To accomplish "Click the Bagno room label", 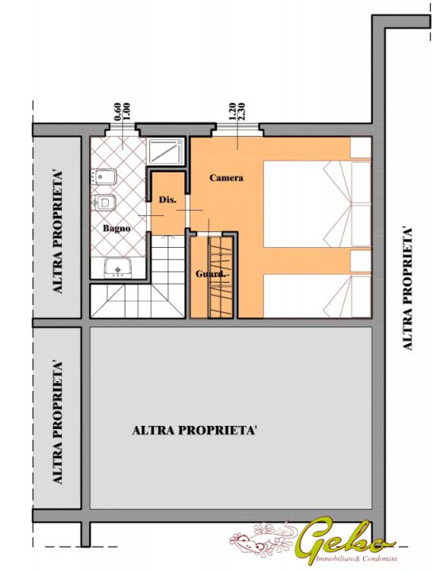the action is pos(116,229).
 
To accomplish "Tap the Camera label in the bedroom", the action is pos(226,178).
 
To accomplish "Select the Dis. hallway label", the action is pos(168,200).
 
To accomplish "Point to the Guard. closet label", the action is pos(210,273).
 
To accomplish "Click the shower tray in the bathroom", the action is pos(166,152).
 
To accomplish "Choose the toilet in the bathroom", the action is pos(104,202).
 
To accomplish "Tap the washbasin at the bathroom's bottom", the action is pos(118,268).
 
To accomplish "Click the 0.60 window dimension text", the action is pos(118,112).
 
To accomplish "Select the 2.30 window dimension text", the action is pos(241,112).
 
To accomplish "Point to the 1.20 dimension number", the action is pos(231,112).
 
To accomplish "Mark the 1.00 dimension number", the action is pos(127,112).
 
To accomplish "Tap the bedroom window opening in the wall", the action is pos(238,127).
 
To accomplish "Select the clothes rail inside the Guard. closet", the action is pos(219,277).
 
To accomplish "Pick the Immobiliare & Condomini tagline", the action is pos(357,558).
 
